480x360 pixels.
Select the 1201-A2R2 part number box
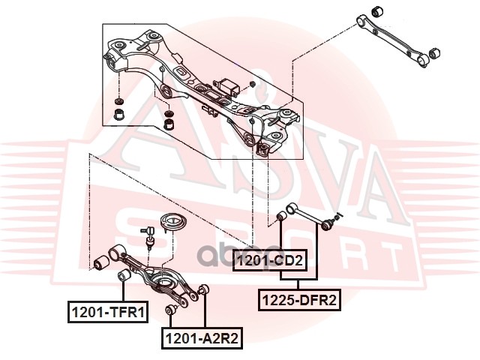tap(201, 339)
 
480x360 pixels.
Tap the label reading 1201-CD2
tap(269, 261)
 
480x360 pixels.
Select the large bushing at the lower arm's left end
tap(106, 262)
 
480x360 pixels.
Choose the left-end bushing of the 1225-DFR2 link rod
tap(281, 217)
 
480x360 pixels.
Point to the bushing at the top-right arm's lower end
tap(431, 55)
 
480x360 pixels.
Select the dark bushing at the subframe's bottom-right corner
tap(263, 150)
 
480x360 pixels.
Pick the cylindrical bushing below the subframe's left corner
tap(118, 114)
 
